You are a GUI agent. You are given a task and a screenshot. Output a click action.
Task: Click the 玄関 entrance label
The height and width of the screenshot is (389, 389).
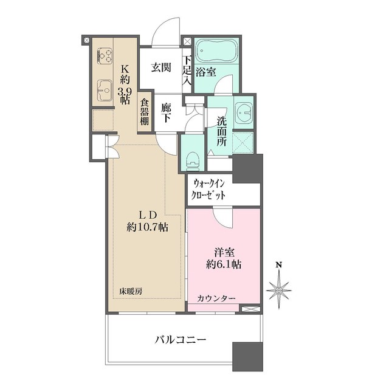pos(161,67)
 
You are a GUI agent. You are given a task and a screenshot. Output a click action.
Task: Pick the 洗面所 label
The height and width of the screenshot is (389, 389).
pos(218,129)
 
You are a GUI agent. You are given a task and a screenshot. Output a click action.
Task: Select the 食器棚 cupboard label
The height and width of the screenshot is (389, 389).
pos(145,112)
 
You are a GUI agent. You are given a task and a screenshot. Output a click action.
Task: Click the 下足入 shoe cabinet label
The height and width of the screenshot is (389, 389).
pos(188,69)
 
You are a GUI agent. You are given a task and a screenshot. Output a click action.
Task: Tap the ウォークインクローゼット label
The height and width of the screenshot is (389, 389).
pos(210,189)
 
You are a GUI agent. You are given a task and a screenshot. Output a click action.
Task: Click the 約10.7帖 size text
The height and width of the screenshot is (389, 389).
pos(148,227)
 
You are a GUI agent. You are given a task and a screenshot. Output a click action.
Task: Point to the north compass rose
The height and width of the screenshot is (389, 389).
pos(280,291)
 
